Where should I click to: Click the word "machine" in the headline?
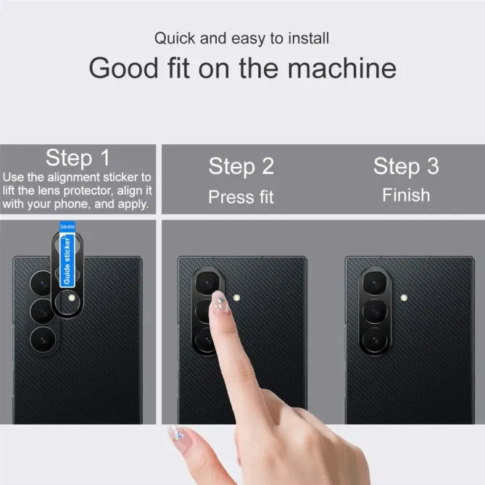pyautogui.click(x=341, y=68)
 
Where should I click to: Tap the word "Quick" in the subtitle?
pyautogui.click(x=175, y=38)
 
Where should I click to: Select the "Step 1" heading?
pyautogui.click(x=78, y=158)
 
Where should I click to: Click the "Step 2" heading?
pyautogui.click(x=241, y=167)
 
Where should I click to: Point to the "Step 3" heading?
pyautogui.click(x=406, y=167)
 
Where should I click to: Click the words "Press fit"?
pyautogui.click(x=241, y=197)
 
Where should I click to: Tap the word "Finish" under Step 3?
pyautogui.click(x=406, y=195)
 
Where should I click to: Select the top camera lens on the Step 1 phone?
pyautogui.click(x=41, y=283)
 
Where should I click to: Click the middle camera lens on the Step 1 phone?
pyautogui.click(x=42, y=312)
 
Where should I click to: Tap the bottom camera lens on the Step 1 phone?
pyautogui.click(x=43, y=340)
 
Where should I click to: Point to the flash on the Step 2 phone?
pyautogui.click(x=236, y=298)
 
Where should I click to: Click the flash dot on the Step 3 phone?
pyautogui.click(x=404, y=298)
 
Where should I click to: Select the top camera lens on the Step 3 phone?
pyautogui.click(x=375, y=283)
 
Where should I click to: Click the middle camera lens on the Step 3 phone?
pyautogui.click(x=375, y=312)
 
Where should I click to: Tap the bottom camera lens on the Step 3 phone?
pyautogui.click(x=375, y=340)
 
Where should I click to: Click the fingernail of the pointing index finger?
pyautogui.click(x=220, y=302)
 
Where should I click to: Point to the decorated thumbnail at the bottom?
pyautogui.click(x=177, y=434)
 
